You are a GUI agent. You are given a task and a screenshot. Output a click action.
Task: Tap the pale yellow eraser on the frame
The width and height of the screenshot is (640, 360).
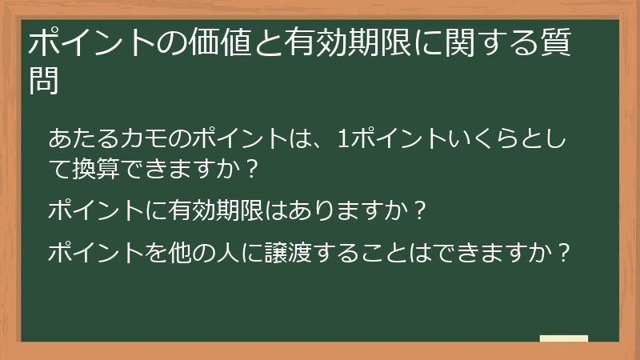[x=564, y=339]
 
